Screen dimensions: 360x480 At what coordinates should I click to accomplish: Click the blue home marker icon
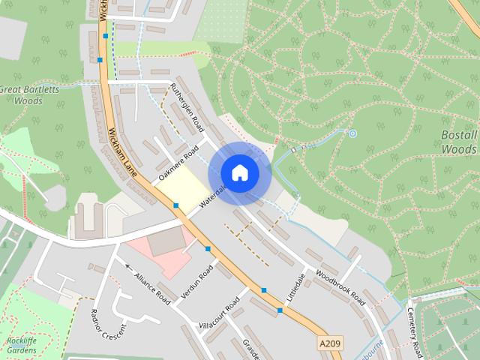[x=239, y=173]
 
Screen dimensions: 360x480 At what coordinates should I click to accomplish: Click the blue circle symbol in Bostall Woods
[x=352, y=133]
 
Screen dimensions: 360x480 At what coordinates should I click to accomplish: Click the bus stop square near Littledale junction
[x=280, y=310]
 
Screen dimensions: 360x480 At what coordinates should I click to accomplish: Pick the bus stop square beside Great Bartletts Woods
[x=100, y=60]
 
